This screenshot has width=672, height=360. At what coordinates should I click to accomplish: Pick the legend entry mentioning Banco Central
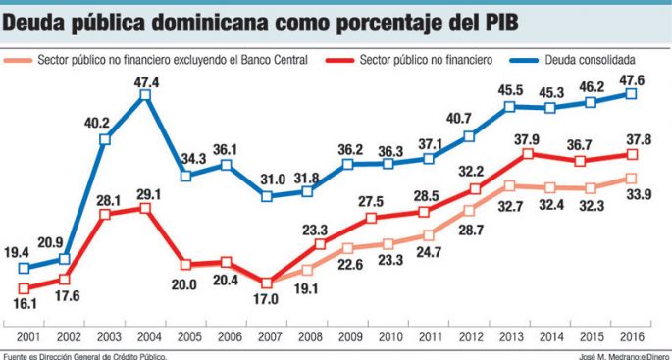tap(172, 60)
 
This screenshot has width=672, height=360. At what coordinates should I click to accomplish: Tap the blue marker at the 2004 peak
tap(145, 95)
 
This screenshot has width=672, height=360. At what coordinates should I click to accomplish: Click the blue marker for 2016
tap(632, 93)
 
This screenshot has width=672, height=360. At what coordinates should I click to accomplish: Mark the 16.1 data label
tap(24, 305)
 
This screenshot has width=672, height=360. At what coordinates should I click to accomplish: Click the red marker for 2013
tap(528, 153)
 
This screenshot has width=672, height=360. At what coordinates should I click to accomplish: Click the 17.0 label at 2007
tap(267, 300)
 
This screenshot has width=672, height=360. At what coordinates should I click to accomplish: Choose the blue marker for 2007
tap(267, 195)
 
